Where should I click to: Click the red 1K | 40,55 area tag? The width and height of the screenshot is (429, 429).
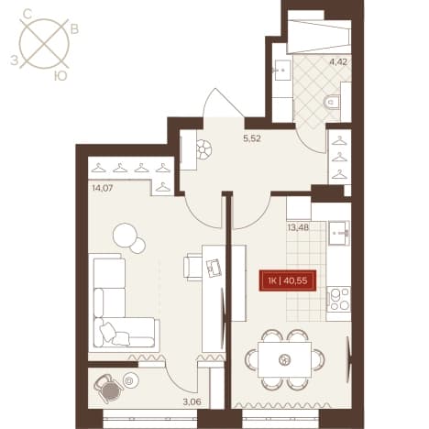(x=288, y=280)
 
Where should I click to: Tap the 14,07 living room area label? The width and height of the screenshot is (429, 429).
(x=103, y=188)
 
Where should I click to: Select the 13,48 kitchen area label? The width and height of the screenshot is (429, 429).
(x=298, y=227)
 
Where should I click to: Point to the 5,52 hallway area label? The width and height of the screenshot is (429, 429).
(x=252, y=138)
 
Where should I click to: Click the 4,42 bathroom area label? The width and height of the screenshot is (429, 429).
(x=338, y=62)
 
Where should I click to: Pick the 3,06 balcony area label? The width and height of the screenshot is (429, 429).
(x=192, y=401)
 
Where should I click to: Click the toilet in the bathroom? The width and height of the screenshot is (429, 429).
(x=332, y=102)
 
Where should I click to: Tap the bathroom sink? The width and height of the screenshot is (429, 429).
(x=282, y=70)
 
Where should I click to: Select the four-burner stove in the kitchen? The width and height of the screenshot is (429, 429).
(x=338, y=299)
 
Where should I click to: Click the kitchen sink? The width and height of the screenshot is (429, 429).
(x=339, y=233)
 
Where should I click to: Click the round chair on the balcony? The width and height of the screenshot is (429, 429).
(x=108, y=388)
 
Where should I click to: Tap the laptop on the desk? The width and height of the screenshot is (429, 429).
(x=214, y=268)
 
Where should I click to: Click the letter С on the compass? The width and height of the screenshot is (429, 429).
(x=27, y=14)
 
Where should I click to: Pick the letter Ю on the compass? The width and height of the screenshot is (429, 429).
(x=60, y=76)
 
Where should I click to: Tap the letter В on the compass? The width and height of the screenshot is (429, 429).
(x=75, y=29)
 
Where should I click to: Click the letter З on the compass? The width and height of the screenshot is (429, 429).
(x=14, y=61)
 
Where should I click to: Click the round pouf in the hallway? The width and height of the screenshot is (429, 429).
(x=204, y=149)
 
